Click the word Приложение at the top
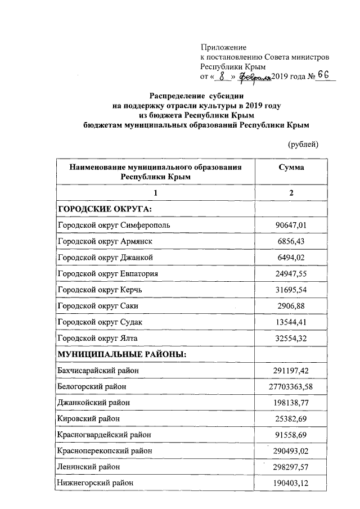(223, 48)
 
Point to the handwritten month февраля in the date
(255, 76)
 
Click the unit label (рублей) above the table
(303, 145)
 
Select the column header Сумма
(291, 167)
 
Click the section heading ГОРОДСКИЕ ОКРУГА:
(105, 209)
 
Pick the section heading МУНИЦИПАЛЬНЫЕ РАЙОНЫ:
(122, 354)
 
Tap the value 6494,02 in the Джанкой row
(291, 258)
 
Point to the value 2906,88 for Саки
(291, 306)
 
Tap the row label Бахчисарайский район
(98, 371)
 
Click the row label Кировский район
(88, 419)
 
